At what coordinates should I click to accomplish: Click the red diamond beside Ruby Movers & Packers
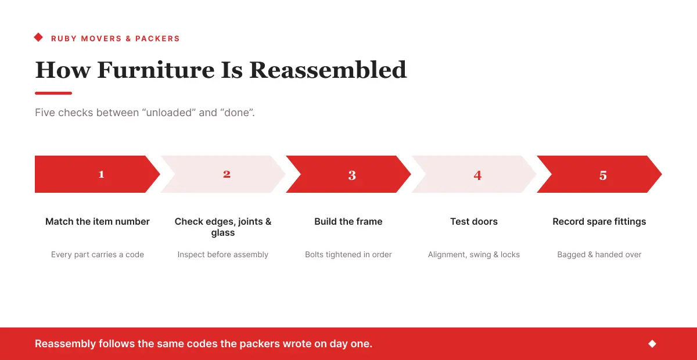(x=38, y=37)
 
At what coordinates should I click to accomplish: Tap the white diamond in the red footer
(x=652, y=344)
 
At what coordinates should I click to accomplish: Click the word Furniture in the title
(x=156, y=70)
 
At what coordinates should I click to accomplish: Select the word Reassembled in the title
(x=328, y=70)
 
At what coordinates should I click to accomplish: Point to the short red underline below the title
(x=53, y=93)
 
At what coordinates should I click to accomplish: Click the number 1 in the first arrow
(x=101, y=174)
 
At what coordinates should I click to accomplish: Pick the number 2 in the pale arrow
(x=227, y=174)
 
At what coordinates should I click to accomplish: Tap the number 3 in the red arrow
(x=352, y=175)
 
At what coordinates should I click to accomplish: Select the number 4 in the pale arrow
(x=477, y=175)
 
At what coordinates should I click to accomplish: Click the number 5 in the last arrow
(x=603, y=175)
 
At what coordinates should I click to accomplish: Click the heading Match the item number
(x=98, y=222)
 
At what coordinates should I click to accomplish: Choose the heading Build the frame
(x=348, y=222)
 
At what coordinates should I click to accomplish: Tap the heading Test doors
(x=474, y=222)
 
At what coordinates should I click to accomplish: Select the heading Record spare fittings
(x=599, y=222)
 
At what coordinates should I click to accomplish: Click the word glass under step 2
(x=223, y=233)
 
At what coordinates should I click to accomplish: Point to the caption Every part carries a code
(x=98, y=254)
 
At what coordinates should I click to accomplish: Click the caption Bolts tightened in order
(x=348, y=254)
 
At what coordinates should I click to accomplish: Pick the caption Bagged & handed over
(x=599, y=254)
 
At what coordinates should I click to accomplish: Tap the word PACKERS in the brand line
(x=157, y=38)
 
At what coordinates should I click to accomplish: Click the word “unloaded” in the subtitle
(x=169, y=113)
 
